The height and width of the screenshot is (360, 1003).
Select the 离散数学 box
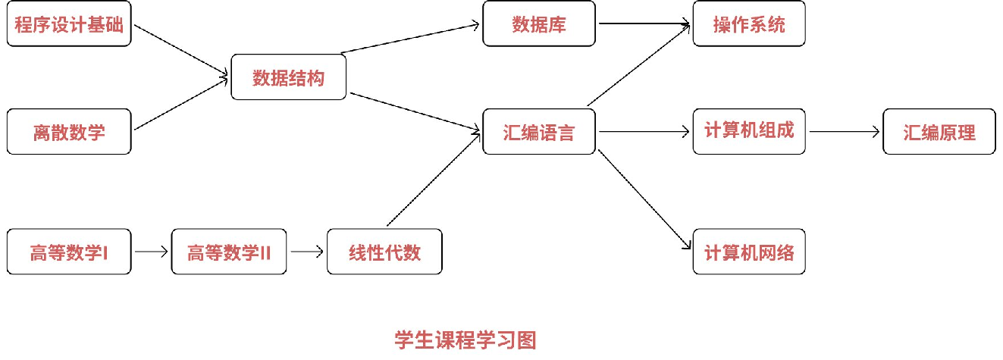coord(69,132)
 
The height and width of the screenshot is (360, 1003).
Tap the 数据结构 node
coord(288,77)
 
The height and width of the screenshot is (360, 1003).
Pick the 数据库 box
coord(540,23)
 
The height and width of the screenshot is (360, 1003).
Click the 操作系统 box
coord(749,23)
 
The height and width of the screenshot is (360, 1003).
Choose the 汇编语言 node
coord(540,132)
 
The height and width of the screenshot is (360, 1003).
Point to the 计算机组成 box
coord(749,131)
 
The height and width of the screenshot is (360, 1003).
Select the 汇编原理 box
coord(939,132)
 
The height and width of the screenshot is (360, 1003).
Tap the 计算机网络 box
coord(749,252)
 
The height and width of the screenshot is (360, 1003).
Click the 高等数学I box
coord(69,252)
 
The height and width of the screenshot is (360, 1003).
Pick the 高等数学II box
coord(229,252)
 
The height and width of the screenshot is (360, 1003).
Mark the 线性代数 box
coord(384,252)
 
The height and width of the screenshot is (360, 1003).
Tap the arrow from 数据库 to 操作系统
coord(644,23)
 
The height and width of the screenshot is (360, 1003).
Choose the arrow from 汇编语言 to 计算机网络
coord(644,199)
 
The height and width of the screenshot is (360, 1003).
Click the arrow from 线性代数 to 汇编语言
coord(434,180)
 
